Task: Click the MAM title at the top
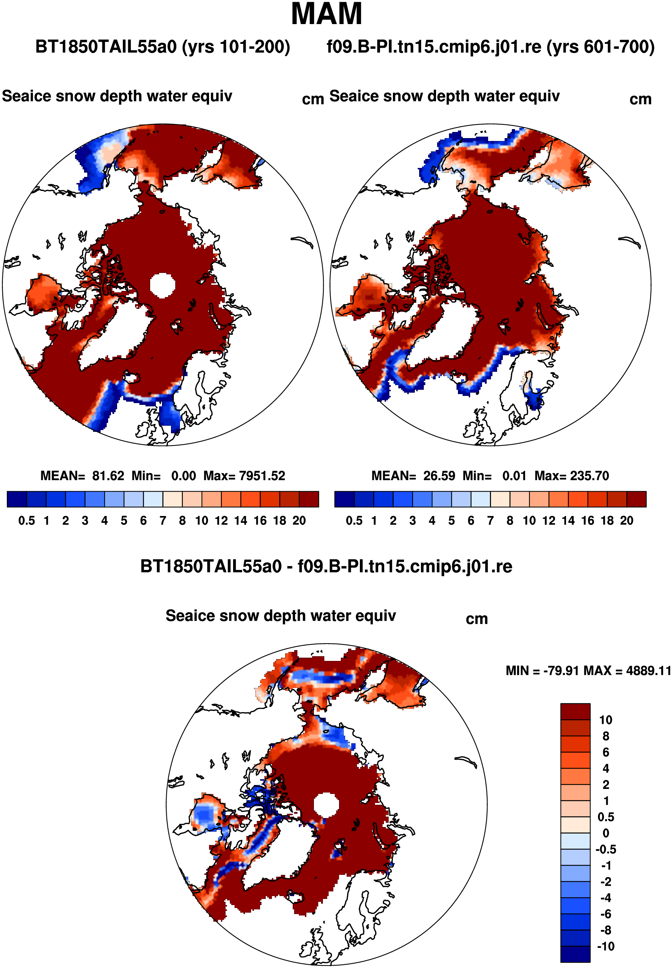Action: click(x=326, y=14)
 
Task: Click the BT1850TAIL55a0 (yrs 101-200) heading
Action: click(x=163, y=47)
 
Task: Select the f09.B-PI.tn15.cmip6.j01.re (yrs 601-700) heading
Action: click(x=491, y=47)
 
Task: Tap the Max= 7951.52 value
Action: click(x=244, y=476)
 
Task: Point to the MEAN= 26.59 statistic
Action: click(x=413, y=476)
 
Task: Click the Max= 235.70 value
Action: click(x=571, y=476)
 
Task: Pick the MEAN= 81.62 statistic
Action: click(x=82, y=476)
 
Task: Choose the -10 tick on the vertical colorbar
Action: click(x=606, y=946)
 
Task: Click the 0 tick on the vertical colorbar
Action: click(x=606, y=833)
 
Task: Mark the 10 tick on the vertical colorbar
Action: click(x=606, y=720)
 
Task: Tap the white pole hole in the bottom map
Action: click(x=326, y=804)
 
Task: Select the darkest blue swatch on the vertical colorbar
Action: click(x=575, y=954)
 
